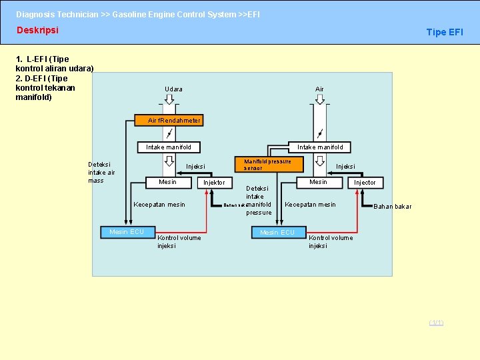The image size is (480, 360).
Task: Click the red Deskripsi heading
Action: pyautogui.click(x=37, y=31)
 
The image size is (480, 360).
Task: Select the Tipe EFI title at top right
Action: pyautogui.click(x=444, y=32)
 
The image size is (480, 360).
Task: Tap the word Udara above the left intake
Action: pyautogui.click(x=173, y=89)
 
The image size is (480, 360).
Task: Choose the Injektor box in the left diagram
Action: pyautogui.click(x=214, y=183)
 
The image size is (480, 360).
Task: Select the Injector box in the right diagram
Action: pyautogui.click(x=365, y=183)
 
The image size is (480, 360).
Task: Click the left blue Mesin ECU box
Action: pyautogui.click(x=127, y=232)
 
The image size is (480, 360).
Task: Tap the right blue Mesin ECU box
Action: pyautogui.click(x=277, y=232)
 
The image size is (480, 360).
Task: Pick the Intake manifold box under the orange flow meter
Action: pyautogui.click(x=169, y=147)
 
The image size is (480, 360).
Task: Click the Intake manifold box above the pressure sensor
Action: pyautogui.click(x=320, y=147)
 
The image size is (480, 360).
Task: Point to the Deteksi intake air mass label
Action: pyautogui.click(x=101, y=172)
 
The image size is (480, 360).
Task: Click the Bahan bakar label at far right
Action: pyautogui.click(x=392, y=207)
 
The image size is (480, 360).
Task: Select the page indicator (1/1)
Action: pyautogui.click(x=436, y=323)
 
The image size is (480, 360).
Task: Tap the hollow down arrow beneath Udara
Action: pyautogui.click(x=169, y=99)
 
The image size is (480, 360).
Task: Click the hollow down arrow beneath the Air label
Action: pyautogui.click(x=320, y=99)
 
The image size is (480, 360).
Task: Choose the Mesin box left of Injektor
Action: pyautogui.click(x=167, y=182)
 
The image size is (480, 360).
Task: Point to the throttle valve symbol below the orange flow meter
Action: pyautogui.click(x=169, y=133)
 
